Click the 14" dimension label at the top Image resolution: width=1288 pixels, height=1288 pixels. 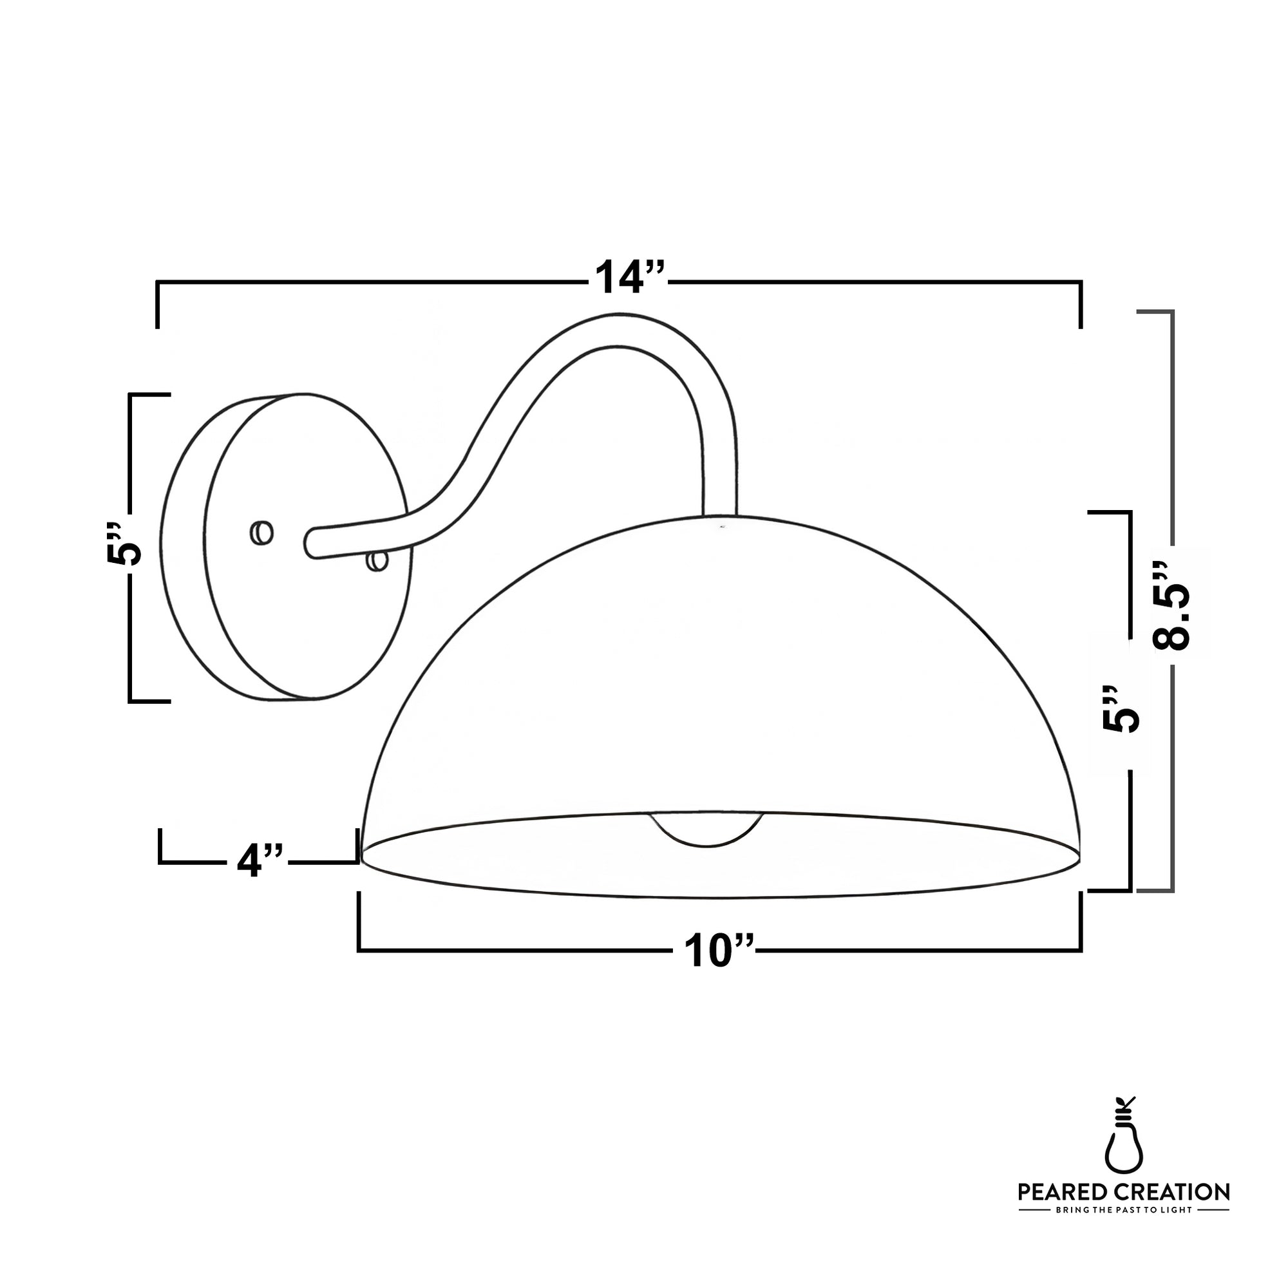629,277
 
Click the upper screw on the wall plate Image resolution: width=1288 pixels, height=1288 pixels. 261,533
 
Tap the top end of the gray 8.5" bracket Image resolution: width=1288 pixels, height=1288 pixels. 1155,312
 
